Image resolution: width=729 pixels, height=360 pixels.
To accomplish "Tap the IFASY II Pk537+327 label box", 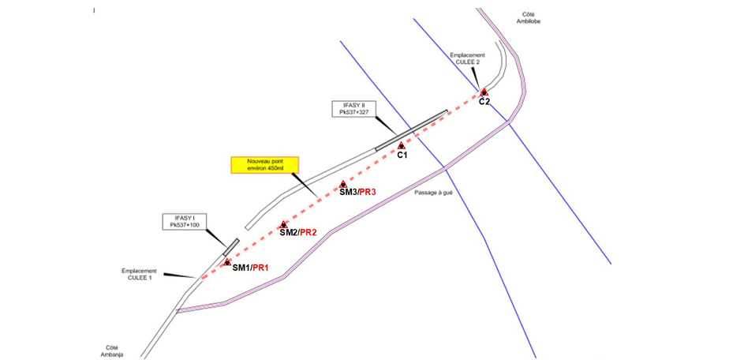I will pyautogui.click(x=349, y=109).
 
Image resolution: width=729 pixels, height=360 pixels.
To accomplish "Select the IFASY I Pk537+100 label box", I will pyautogui.click(x=183, y=221).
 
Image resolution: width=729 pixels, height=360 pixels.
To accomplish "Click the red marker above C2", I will pyautogui.click(x=484, y=92).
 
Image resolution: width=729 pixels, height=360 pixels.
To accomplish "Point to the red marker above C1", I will pyautogui.click(x=402, y=145).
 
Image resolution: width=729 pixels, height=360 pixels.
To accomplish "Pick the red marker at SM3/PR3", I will pyautogui.click(x=343, y=185).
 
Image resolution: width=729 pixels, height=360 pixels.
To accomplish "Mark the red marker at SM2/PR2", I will pyautogui.click(x=283, y=225).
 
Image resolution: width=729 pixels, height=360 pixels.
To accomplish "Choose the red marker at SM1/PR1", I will pyautogui.click(x=227, y=262).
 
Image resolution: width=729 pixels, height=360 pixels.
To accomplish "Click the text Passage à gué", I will pyautogui.click(x=436, y=192).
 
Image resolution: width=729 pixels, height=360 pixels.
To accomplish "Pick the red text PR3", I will pyautogui.click(x=369, y=193).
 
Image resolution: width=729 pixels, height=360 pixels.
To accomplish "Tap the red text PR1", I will pyautogui.click(x=261, y=268).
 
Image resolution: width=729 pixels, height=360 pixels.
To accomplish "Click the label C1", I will pyautogui.click(x=402, y=156).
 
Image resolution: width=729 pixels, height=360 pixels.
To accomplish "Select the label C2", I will pyautogui.click(x=484, y=102).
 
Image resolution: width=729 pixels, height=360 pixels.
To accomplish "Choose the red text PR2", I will pyautogui.click(x=308, y=232).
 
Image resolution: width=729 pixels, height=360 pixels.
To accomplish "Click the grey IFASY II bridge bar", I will pyautogui.click(x=410, y=129).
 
